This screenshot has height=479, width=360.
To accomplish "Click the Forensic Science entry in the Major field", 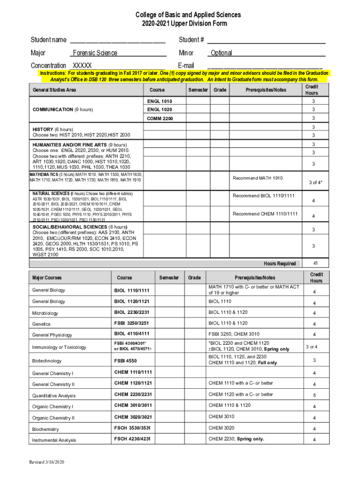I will (95, 53).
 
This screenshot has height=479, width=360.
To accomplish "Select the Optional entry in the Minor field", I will (221, 53).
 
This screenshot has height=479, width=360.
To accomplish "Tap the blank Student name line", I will (117, 40).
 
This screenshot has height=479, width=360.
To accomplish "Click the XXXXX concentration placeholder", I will (83, 65).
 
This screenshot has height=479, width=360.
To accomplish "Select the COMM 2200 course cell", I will (159, 118).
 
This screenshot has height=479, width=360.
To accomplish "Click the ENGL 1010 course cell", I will (159, 101).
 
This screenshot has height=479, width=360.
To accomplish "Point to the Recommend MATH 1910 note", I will (258, 178).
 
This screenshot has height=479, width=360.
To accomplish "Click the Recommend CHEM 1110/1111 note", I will (265, 214).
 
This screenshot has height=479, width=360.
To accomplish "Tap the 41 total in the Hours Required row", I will (311, 263).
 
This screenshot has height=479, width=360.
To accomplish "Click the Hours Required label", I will (280, 263).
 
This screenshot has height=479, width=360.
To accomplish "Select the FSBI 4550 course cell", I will (126, 361).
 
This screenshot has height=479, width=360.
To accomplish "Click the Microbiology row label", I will (45, 313).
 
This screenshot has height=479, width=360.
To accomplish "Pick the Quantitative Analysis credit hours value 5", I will (314, 395).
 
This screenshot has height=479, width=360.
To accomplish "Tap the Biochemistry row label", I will (45, 429).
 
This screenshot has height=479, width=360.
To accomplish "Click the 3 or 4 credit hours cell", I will (311, 347).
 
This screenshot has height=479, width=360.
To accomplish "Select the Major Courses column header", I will (47, 278).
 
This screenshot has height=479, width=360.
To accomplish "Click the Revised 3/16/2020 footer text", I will (46, 462).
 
